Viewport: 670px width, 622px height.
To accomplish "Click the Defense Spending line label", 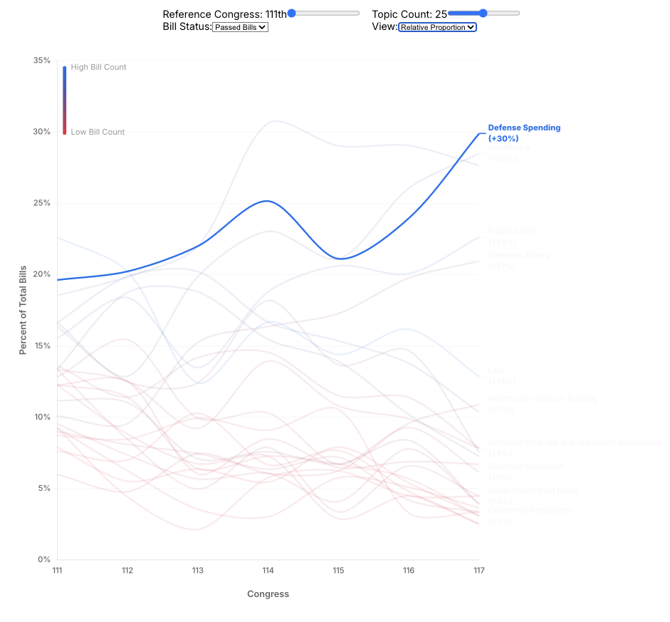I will [x=524, y=128].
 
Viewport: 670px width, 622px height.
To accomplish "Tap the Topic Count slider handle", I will [x=483, y=13].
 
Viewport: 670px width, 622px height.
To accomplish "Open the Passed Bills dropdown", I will [x=240, y=27].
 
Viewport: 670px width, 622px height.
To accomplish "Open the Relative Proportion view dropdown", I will [x=437, y=27].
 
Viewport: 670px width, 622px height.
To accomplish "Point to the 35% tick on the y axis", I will [x=42, y=61].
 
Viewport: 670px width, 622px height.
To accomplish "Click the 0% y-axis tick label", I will [x=44, y=559].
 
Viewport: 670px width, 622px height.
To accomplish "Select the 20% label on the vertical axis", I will [x=42, y=274].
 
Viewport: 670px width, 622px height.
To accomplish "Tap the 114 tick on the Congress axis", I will [x=268, y=571].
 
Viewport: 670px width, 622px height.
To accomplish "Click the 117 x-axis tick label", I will [x=478, y=571].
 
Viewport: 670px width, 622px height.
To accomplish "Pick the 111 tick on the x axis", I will [x=57, y=571].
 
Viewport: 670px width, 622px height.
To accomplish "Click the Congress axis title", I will [x=268, y=594].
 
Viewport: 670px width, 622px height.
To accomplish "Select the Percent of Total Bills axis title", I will [x=23, y=310].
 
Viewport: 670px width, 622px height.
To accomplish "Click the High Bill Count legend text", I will [x=98, y=68].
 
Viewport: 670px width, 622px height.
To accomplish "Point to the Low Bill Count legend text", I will [x=98, y=132].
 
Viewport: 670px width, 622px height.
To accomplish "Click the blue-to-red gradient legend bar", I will [x=65, y=100].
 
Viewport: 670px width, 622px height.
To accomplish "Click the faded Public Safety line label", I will [x=513, y=232].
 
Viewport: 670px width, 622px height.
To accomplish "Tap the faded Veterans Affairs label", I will [x=518, y=256].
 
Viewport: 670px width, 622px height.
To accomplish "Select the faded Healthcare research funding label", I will [x=542, y=399].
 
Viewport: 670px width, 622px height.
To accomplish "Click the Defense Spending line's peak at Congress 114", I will [x=266, y=201].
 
